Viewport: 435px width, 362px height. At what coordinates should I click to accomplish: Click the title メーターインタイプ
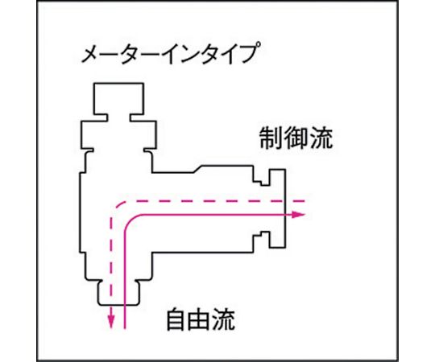point(171,53)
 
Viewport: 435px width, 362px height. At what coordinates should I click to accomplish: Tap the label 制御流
point(296,138)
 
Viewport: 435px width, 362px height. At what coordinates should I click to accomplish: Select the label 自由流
point(201,319)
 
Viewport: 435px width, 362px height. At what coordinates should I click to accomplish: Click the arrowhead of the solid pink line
point(299,214)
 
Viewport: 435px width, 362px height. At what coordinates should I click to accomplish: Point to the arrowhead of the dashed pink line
point(111,322)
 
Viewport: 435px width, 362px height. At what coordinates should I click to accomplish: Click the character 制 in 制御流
point(271,138)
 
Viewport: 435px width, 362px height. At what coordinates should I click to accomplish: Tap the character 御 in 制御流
point(296,138)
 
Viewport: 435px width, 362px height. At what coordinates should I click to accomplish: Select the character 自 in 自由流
point(177,319)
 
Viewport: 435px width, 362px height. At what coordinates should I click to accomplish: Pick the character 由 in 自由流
point(201,319)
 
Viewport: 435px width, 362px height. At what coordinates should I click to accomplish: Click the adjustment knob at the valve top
point(118,98)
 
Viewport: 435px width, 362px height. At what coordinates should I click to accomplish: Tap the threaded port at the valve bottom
point(118,293)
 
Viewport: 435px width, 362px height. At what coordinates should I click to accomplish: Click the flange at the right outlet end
point(277,208)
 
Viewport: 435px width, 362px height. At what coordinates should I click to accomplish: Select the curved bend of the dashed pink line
point(117,207)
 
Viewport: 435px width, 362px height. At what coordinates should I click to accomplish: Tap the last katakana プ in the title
point(251,53)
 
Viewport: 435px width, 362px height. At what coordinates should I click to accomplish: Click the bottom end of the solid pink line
point(125,328)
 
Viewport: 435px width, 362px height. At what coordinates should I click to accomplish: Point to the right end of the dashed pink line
point(304,201)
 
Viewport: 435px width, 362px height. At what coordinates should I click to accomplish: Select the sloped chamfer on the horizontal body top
point(198,169)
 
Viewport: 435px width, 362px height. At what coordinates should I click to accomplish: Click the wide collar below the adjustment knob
point(118,134)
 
